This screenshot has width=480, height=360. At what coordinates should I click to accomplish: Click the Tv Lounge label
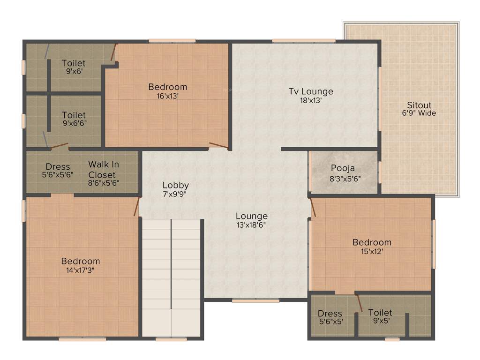tap(310, 91)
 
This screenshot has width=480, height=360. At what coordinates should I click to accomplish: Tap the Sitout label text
tap(419, 105)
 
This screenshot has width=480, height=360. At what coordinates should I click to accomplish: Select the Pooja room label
tap(343, 168)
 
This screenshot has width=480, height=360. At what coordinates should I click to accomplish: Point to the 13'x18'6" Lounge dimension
tap(252, 225)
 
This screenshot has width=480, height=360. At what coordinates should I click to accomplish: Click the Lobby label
tap(176, 185)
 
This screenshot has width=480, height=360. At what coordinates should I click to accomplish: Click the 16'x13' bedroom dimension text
tap(167, 96)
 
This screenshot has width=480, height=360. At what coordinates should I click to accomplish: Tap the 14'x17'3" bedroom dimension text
tap(81, 270)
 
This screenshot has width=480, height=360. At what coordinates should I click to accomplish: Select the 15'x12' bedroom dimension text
tap(372, 251)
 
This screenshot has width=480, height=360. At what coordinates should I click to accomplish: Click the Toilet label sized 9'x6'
tap(74, 63)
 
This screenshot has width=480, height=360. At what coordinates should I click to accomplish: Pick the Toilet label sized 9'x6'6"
tap(74, 115)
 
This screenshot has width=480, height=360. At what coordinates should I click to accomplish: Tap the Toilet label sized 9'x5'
tap(380, 313)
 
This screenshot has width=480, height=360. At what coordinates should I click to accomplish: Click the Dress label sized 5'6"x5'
tap(330, 314)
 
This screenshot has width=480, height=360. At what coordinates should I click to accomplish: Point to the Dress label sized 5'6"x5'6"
tap(58, 167)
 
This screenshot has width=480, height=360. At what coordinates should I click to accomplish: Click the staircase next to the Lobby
tap(172, 277)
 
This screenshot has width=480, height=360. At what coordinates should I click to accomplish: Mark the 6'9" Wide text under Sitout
tap(419, 113)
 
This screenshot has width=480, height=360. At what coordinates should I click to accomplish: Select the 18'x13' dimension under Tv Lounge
tap(310, 100)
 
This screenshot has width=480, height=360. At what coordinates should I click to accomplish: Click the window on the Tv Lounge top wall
tap(304, 40)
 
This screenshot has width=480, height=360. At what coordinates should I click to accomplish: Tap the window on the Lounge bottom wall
tap(255, 300)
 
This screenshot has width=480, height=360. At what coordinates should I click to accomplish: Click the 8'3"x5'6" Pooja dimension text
tap(345, 178)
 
